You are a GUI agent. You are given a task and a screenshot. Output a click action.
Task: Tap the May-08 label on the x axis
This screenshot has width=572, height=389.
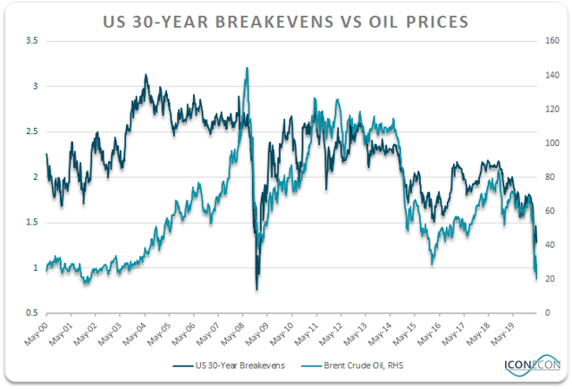(x=230, y=333)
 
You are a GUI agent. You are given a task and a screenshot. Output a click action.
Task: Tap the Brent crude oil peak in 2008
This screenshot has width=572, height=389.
(x=246, y=68)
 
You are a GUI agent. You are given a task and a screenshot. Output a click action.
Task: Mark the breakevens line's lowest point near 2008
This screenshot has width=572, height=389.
(x=257, y=289)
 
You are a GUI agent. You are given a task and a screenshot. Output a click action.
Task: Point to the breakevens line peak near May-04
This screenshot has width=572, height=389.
(x=146, y=75)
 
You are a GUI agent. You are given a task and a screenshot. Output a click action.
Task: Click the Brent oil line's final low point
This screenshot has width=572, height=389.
(x=536, y=278)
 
